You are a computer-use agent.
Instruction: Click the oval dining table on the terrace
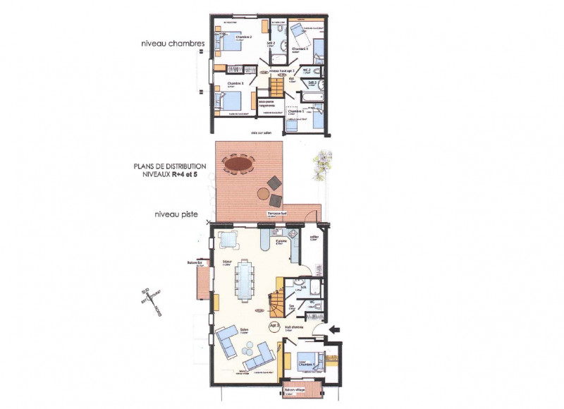[238, 164]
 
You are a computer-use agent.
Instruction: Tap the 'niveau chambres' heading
[173, 44]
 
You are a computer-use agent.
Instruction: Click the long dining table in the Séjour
[245, 280]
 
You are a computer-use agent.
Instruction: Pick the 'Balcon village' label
[295, 389]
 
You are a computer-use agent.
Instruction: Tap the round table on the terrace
[264, 193]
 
